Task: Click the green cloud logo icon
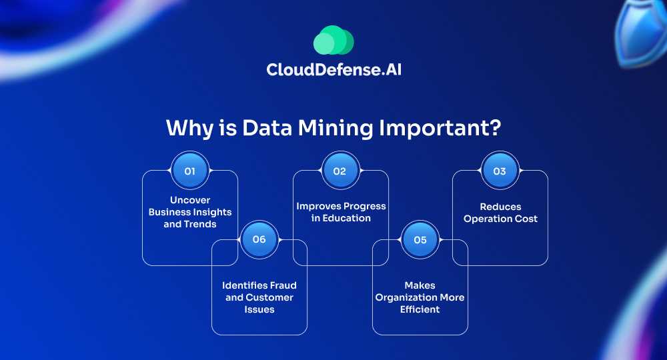point(333,40)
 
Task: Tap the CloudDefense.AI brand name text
point(334,70)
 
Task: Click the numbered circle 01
point(190,171)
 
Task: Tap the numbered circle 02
point(340,171)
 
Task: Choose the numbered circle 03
point(500,171)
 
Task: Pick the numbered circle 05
point(420,240)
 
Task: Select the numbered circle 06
point(259,239)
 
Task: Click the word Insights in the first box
point(212,212)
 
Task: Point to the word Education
point(347,218)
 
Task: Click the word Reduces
point(501,207)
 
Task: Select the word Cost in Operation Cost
point(527,219)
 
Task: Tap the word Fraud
point(283,285)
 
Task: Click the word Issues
point(259,309)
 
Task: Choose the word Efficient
point(420,309)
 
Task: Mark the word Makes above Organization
point(420,285)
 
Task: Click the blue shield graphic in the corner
point(641,32)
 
